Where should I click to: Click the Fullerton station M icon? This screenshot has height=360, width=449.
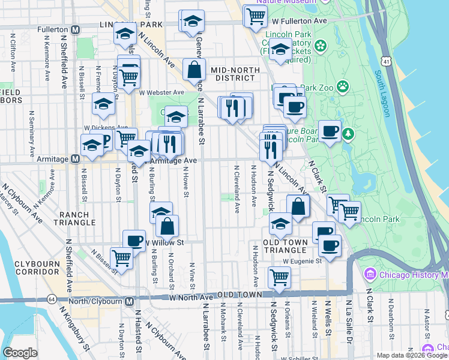click(76, 29)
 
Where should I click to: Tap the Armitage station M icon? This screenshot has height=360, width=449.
click(76, 159)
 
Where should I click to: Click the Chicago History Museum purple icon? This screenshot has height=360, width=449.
click(370, 275)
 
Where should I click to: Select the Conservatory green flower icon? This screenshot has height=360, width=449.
click(321, 46)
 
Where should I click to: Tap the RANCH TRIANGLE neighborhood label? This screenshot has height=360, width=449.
click(75, 218)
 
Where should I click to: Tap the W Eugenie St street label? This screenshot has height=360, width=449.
click(303, 261)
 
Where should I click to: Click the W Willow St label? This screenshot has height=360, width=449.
click(163, 243)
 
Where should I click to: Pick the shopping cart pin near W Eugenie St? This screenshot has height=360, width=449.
click(280, 277)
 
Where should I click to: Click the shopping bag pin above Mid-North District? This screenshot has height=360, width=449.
click(194, 70)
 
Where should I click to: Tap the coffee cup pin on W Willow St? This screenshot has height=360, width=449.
click(134, 240)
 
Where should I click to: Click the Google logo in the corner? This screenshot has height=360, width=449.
click(20, 352)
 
